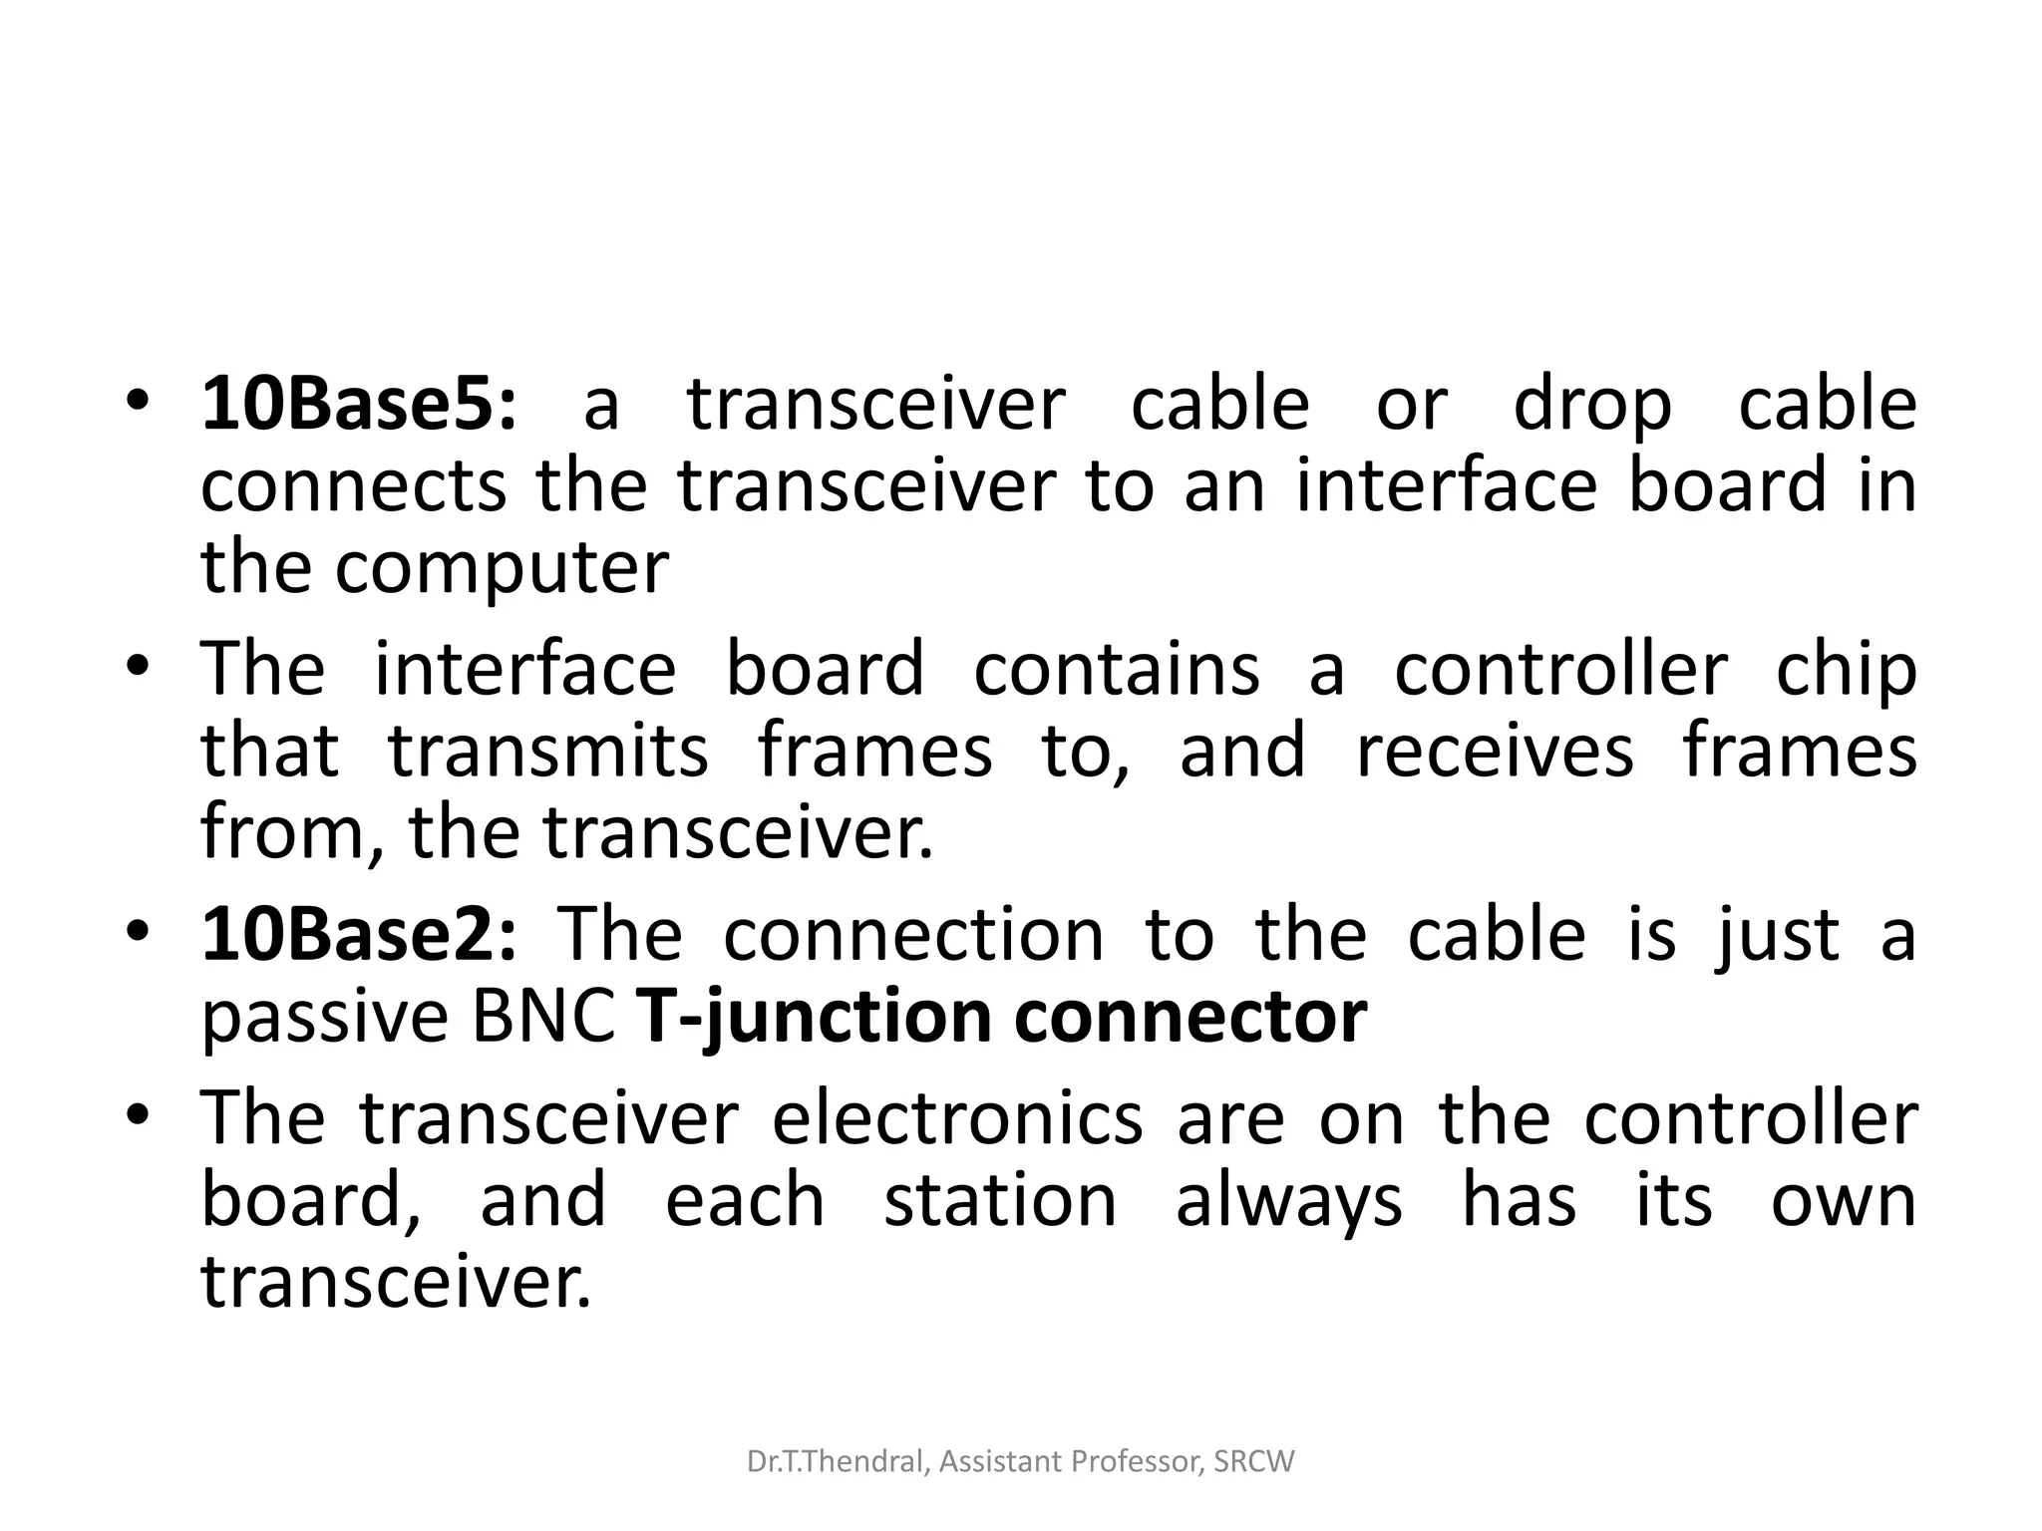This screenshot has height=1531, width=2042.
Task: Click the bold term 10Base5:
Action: pos(359,405)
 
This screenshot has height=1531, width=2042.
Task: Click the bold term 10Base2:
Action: pos(359,935)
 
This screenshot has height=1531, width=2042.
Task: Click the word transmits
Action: pos(548,752)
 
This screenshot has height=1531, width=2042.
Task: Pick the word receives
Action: pos(1495,752)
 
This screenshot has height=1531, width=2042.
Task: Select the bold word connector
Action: pos(1191,1017)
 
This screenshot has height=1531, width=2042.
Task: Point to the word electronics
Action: pos(957,1118)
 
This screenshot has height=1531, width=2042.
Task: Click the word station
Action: pos(1000,1200)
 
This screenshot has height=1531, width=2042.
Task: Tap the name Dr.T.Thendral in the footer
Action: pos(839,1462)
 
